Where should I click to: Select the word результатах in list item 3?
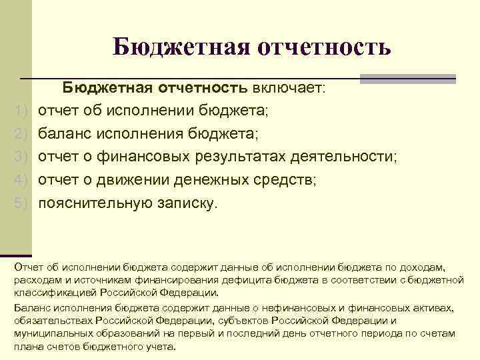[x=243, y=156]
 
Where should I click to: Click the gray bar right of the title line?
[x=407, y=79]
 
